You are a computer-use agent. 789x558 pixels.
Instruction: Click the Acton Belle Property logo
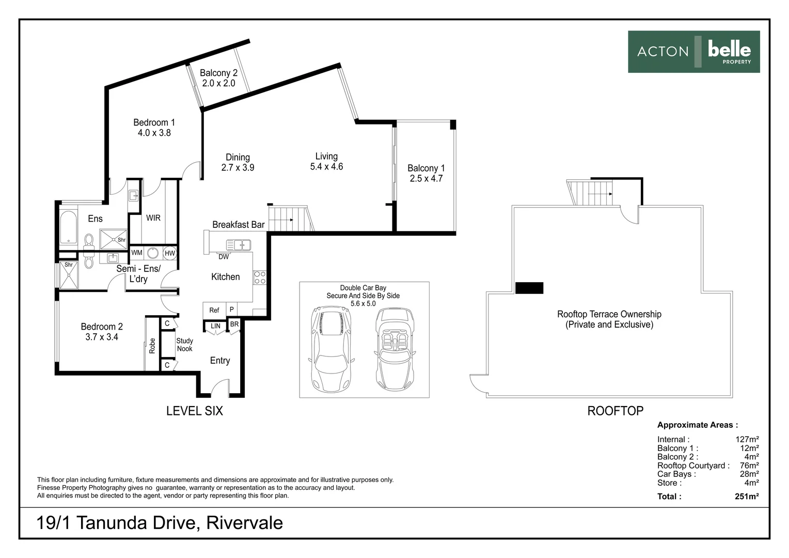(x=693, y=52)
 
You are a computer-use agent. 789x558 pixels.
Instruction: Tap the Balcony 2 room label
(x=219, y=73)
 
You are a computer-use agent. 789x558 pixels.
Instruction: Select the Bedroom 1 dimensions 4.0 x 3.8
(x=154, y=133)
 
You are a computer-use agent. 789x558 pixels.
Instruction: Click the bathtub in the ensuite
(x=68, y=227)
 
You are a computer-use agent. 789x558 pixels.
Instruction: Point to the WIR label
(x=153, y=218)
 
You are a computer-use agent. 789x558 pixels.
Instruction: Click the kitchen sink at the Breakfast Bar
(x=239, y=244)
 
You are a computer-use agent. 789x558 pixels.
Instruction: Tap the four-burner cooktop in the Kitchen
(x=260, y=277)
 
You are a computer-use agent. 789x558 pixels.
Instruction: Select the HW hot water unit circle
(x=170, y=253)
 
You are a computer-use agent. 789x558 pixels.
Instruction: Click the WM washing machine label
(x=137, y=252)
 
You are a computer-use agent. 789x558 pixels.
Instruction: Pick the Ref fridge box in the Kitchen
(x=214, y=310)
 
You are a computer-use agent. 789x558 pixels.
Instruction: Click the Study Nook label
(x=184, y=345)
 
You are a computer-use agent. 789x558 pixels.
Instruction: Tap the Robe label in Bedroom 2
(x=152, y=346)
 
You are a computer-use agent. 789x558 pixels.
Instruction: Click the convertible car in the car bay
(x=395, y=349)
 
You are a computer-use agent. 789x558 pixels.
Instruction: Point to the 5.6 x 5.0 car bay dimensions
(x=363, y=303)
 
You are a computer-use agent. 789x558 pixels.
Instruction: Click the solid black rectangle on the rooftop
(x=529, y=288)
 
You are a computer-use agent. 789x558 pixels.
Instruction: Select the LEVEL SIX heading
(x=195, y=411)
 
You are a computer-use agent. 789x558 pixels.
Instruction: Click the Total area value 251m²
(x=746, y=497)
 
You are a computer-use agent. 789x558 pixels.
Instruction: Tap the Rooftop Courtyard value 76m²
(x=749, y=466)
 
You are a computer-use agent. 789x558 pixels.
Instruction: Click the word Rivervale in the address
(x=244, y=523)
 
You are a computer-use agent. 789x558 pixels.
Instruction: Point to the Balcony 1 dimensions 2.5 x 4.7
(x=426, y=179)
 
